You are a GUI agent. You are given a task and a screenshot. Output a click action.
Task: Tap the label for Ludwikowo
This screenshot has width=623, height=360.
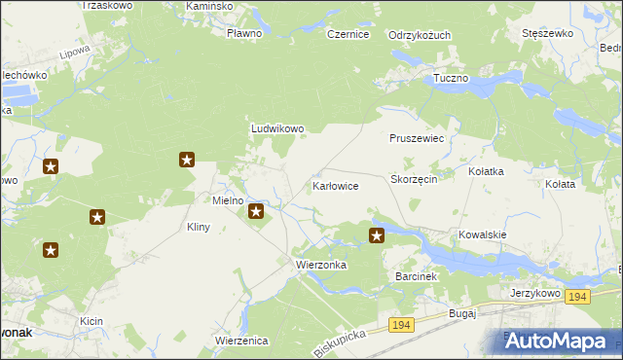(x=278, y=127)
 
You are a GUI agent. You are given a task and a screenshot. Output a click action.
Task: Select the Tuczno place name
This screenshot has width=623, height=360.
(x=451, y=78)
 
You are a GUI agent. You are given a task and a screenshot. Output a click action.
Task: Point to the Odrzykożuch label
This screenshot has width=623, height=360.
(x=420, y=35)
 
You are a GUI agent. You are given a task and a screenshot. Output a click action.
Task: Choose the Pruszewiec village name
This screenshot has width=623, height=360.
(x=417, y=138)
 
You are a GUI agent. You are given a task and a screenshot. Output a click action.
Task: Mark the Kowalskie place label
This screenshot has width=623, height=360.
(x=484, y=234)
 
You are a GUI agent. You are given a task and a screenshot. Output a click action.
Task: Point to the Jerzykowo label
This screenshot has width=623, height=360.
(x=538, y=292)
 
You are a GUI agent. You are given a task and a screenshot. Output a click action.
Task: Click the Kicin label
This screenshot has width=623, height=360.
(x=92, y=320)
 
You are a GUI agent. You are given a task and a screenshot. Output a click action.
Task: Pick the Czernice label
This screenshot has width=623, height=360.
(x=348, y=34)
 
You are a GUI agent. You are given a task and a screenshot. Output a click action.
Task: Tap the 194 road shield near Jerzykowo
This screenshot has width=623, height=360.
(x=578, y=297)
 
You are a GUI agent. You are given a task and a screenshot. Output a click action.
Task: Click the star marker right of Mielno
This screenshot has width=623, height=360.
(x=256, y=211)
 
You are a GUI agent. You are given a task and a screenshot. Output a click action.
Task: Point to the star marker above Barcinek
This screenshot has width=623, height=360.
(x=377, y=234)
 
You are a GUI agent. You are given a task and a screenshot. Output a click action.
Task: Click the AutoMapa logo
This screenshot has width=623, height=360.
(x=559, y=341)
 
